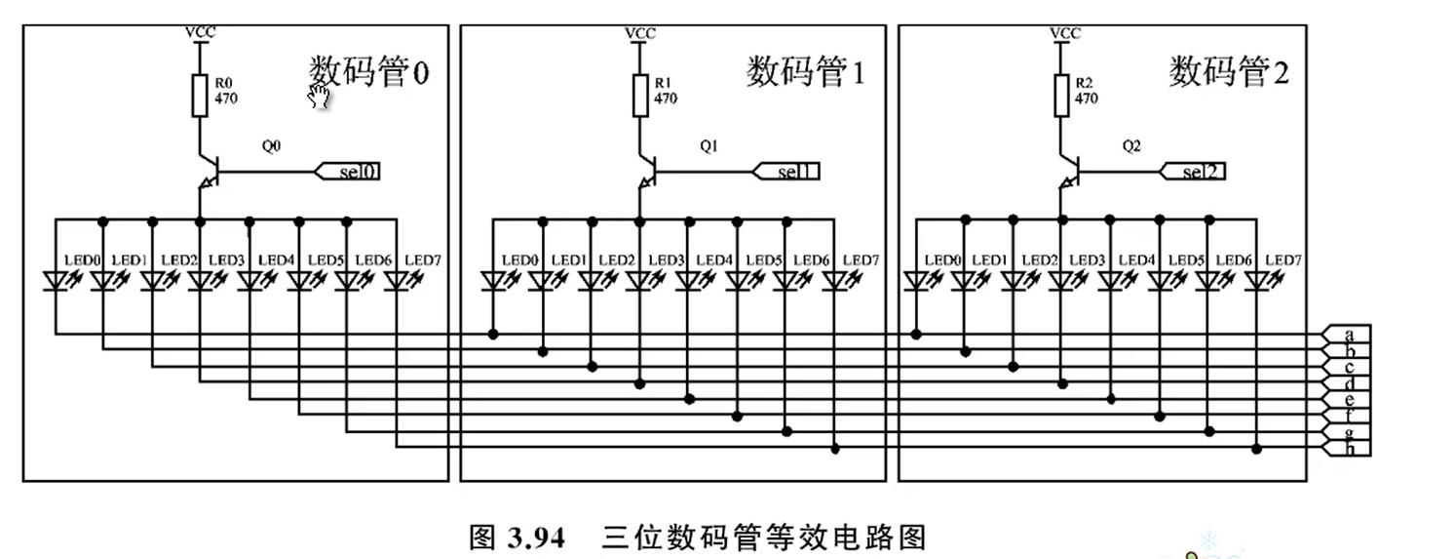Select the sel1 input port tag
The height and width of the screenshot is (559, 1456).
point(786,172)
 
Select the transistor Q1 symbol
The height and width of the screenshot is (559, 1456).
point(644,168)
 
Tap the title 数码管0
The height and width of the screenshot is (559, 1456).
point(368,72)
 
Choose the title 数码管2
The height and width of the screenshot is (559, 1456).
point(1229,72)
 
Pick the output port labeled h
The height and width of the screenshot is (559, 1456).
point(1347,449)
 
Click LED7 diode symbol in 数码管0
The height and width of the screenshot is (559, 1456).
point(397,281)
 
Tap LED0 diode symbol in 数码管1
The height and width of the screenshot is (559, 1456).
point(493,281)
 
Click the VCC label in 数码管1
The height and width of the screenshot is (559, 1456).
point(639,33)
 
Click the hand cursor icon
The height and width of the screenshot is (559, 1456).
point(319,95)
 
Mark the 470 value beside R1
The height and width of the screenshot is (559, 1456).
point(666,99)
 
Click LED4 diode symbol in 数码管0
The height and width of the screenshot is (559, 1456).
point(250,281)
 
